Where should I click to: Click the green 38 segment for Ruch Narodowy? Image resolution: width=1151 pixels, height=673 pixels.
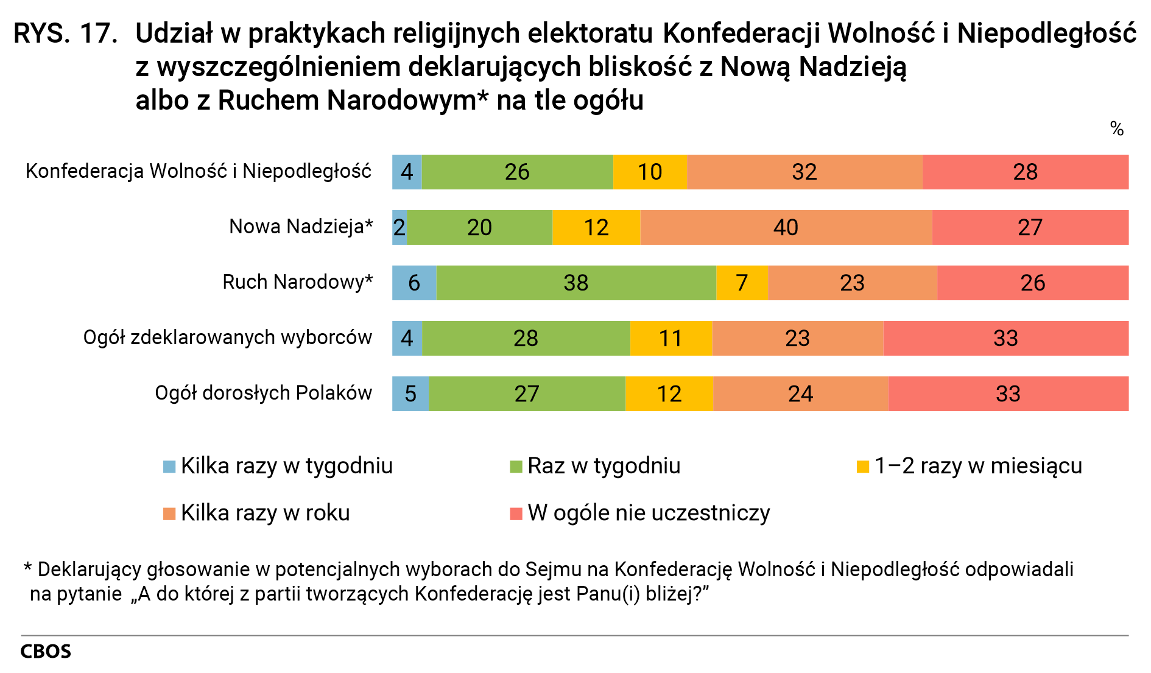point(575,283)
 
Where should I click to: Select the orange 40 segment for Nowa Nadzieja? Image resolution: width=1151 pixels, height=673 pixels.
point(786,227)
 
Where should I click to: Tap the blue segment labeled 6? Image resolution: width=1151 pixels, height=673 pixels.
point(414,283)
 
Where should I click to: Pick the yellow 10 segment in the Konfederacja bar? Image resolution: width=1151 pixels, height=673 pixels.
point(650,172)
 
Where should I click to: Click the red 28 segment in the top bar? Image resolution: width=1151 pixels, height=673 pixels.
point(1025,172)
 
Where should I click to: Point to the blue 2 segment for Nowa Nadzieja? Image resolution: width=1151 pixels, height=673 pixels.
point(400,227)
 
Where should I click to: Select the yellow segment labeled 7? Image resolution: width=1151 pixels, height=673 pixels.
point(742,283)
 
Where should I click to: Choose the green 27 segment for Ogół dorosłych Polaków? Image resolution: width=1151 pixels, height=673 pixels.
point(527,393)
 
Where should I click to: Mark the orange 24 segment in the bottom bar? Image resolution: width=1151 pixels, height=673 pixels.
point(800,393)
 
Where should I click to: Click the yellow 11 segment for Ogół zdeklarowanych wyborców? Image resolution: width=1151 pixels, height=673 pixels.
point(671,338)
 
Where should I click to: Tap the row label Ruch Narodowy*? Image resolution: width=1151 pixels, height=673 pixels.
point(297,282)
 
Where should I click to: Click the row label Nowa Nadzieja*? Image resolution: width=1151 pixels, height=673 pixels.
point(301,227)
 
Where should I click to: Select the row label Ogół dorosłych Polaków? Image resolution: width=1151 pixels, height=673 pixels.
point(263,393)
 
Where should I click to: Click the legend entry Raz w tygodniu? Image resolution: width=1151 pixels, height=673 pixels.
point(604,466)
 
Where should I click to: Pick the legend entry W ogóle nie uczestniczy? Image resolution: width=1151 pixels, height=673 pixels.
point(649,513)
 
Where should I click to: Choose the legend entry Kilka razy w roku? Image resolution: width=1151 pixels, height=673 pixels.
point(265,513)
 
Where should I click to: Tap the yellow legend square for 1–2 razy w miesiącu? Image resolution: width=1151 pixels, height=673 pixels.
point(862,467)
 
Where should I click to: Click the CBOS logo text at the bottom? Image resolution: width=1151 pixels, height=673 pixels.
point(46,651)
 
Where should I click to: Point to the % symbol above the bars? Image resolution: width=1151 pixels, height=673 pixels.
point(1116,129)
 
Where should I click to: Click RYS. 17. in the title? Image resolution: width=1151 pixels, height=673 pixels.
point(65,33)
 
